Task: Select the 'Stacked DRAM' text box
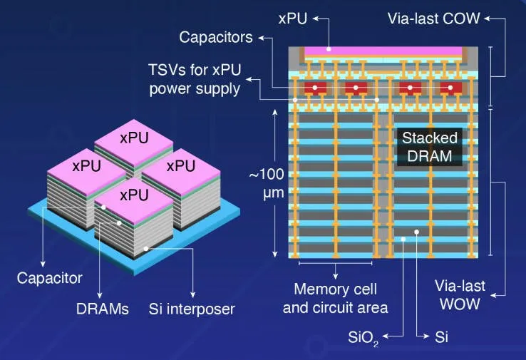pos(429,148)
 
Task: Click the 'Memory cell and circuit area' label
pos(335,298)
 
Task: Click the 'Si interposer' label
pos(192,309)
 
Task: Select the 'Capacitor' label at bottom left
pos(50,277)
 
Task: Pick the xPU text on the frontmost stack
pos(133,195)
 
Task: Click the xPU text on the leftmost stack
pos(86,165)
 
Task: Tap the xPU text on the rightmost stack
pos(181,165)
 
